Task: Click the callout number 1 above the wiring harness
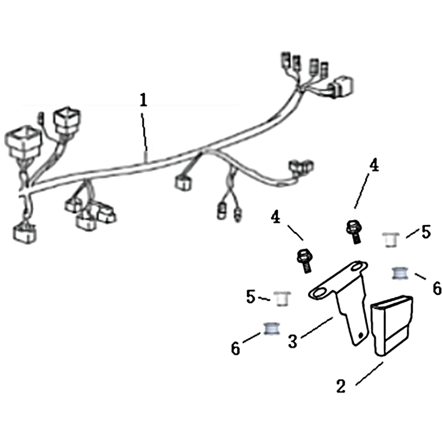(x=144, y=101)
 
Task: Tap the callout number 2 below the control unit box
(x=341, y=386)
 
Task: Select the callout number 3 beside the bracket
(x=293, y=341)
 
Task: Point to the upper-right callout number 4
(x=374, y=165)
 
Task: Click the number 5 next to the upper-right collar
(x=426, y=232)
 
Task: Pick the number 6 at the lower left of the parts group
(x=235, y=349)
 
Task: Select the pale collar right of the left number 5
(x=282, y=299)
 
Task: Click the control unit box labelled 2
(x=392, y=326)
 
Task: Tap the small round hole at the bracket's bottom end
(x=360, y=335)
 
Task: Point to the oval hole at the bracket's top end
(x=357, y=267)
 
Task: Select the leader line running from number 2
(x=370, y=373)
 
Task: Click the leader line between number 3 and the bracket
(x=317, y=328)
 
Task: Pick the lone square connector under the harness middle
(x=183, y=182)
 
